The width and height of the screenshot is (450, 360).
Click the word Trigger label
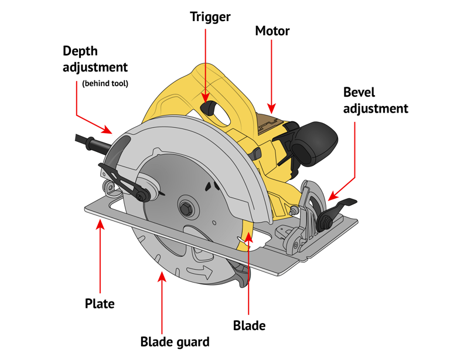click(x=210, y=17)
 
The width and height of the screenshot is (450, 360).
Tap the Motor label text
click(x=272, y=30)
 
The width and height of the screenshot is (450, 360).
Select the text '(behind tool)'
click(x=105, y=84)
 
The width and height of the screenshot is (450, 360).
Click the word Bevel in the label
click(x=359, y=92)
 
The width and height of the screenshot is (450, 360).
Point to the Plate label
click(x=100, y=304)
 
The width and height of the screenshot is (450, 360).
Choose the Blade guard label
click(x=175, y=341)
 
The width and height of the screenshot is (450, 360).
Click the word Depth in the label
click(x=80, y=51)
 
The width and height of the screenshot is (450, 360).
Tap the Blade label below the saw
click(x=249, y=325)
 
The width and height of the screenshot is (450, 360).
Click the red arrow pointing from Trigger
click(x=206, y=64)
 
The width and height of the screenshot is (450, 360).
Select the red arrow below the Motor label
click(x=272, y=76)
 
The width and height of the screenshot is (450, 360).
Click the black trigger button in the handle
click(x=209, y=108)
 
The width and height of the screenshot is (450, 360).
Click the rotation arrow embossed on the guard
click(x=202, y=271)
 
